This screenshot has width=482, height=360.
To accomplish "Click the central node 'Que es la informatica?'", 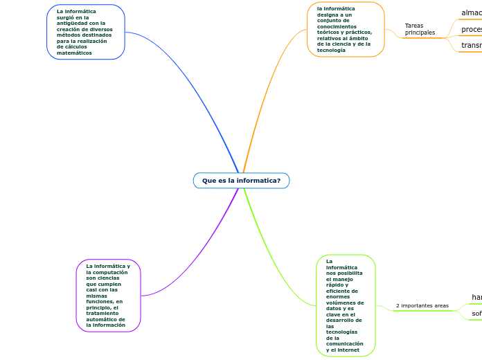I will click(241, 181).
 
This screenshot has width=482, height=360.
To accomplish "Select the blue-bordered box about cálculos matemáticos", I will click(86, 32).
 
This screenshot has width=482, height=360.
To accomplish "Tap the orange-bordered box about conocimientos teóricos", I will click(345, 30).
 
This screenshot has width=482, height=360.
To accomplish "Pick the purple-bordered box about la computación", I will click(108, 296).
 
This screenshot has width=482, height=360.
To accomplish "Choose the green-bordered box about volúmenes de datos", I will click(345, 305).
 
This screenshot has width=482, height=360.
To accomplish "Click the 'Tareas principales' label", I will click(420, 29).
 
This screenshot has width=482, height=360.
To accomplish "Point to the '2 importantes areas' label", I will click(422, 305).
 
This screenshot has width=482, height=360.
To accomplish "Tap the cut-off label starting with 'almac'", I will click(471, 12).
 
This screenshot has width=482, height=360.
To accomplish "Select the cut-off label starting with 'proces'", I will click(471, 29).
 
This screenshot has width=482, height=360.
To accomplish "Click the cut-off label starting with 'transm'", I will click(471, 46).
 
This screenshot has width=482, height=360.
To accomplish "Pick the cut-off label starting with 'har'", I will click(476, 297).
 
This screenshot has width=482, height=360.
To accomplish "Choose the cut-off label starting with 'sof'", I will click(476, 314).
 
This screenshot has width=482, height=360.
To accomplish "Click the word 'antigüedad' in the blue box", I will click(73, 23).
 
